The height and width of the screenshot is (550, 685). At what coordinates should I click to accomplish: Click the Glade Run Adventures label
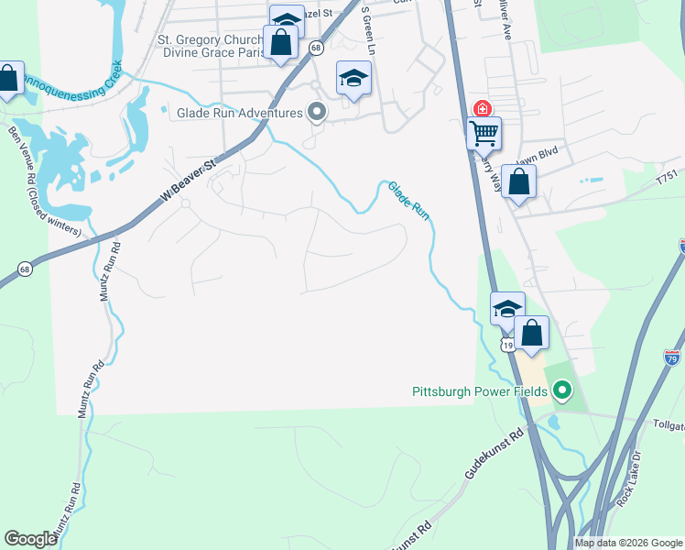click(x=238, y=114)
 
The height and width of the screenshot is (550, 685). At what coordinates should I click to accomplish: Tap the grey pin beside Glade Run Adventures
click(x=318, y=113)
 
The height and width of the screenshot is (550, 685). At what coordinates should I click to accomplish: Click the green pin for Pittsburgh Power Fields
click(x=563, y=391)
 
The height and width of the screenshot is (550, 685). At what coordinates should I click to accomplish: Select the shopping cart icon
click(x=484, y=133)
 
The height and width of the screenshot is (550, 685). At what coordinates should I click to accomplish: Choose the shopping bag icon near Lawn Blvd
click(x=518, y=182)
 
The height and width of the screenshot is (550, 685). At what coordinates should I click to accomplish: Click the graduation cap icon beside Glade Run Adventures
click(x=353, y=79)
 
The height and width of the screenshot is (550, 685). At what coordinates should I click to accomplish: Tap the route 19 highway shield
click(x=506, y=342)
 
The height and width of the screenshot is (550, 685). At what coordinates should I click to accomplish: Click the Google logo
click(x=30, y=539)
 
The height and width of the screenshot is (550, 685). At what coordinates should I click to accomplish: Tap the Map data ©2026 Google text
click(x=627, y=543)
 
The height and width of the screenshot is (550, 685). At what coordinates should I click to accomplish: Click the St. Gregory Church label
click(x=210, y=39)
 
